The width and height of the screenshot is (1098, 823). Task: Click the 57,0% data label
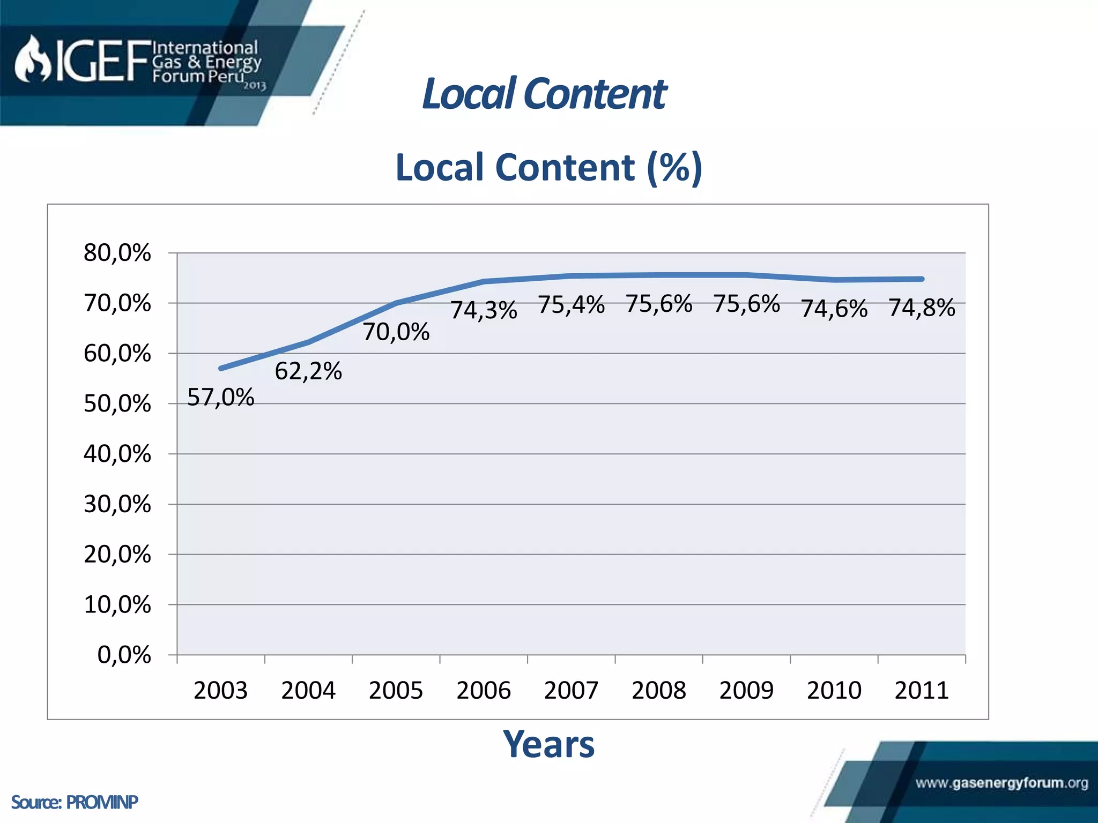click(x=220, y=398)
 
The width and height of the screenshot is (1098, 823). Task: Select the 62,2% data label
click(x=308, y=371)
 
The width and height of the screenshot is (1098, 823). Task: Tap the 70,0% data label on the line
click(x=396, y=332)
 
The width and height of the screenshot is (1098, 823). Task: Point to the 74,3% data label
click(x=484, y=310)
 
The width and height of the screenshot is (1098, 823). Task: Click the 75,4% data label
click(x=572, y=304)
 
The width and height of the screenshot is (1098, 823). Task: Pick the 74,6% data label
click(x=834, y=309)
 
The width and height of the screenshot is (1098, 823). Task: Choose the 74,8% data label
click(x=922, y=308)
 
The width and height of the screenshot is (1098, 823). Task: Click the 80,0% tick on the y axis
click(x=117, y=252)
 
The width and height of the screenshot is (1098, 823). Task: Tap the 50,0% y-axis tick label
click(x=117, y=403)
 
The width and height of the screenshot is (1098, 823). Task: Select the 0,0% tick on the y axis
click(x=124, y=655)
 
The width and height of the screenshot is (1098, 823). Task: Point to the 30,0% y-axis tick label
click(x=117, y=504)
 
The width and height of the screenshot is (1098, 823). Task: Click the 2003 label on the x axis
click(x=220, y=690)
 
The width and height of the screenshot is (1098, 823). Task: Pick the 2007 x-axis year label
click(x=571, y=690)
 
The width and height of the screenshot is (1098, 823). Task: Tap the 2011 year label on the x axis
click(x=922, y=690)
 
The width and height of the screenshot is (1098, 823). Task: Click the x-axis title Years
click(x=548, y=744)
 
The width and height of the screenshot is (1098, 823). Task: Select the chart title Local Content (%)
click(x=548, y=167)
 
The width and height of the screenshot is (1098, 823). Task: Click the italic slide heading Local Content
click(x=544, y=94)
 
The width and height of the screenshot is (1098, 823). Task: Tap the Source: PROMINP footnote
click(x=75, y=802)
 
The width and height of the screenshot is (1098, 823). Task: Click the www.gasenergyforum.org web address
click(x=1001, y=783)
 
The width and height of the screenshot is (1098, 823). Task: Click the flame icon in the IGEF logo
click(x=32, y=59)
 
